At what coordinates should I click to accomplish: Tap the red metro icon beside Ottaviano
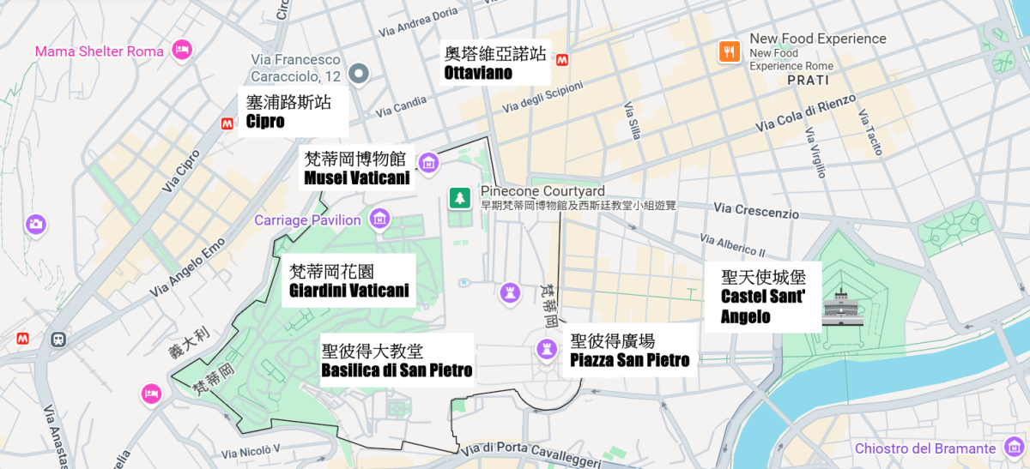(563, 60)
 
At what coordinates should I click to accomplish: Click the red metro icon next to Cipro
(227, 123)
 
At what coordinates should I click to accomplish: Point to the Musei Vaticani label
(356, 168)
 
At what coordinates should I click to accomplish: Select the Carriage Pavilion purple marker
(379, 219)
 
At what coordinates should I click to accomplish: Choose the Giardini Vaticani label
(348, 281)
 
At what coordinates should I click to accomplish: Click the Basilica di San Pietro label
(397, 360)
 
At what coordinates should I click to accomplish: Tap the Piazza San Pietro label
(629, 350)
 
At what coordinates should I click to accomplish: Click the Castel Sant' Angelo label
(760, 296)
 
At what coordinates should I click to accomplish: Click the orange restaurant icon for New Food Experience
(729, 51)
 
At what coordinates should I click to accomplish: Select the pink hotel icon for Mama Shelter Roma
(182, 51)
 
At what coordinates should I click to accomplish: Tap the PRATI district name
(808, 80)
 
